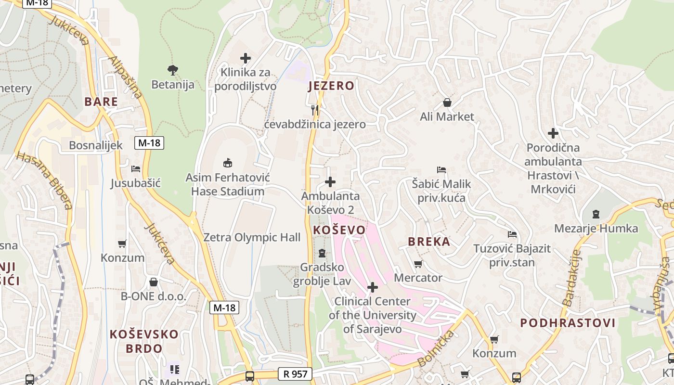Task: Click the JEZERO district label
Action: pyautogui.click(x=331, y=86)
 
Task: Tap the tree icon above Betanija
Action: pyautogui.click(x=173, y=70)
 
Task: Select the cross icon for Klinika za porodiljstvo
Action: pyautogui.click(x=246, y=58)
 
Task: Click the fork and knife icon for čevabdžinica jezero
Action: pyautogui.click(x=315, y=110)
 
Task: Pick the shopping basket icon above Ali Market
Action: pyautogui.click(x=447, y=103)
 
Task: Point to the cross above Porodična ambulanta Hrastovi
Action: pyautogui.click(x=553, y=133)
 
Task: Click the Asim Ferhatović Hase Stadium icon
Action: pyautogui.click(x=228, y=163)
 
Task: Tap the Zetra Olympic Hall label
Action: pyautogui.click(x=252, y=237)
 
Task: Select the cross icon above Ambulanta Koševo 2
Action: pyautogui.click(x=330, y=182)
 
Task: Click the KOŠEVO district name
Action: pyautogui.click(x=339, y=230)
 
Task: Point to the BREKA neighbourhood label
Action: pyautogui.click(x=429, y=242)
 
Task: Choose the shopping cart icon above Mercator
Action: pyautogui.click(x=418, y=264)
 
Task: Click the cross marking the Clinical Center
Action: pyautogui.click(x=373, y=287)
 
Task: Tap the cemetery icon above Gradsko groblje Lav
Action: pyautogui.click(x=322, y=253)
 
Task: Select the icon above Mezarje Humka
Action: pyautogui.click(x=596, y=214)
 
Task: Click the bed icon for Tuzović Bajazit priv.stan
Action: pyautogui.click(x=512, y=234)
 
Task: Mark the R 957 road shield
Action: pyautogui.click(x=295, y=374)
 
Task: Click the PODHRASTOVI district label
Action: pyautogui.click(x=568, y=323)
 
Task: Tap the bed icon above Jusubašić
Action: pyautogui.click(x=136, y=169)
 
